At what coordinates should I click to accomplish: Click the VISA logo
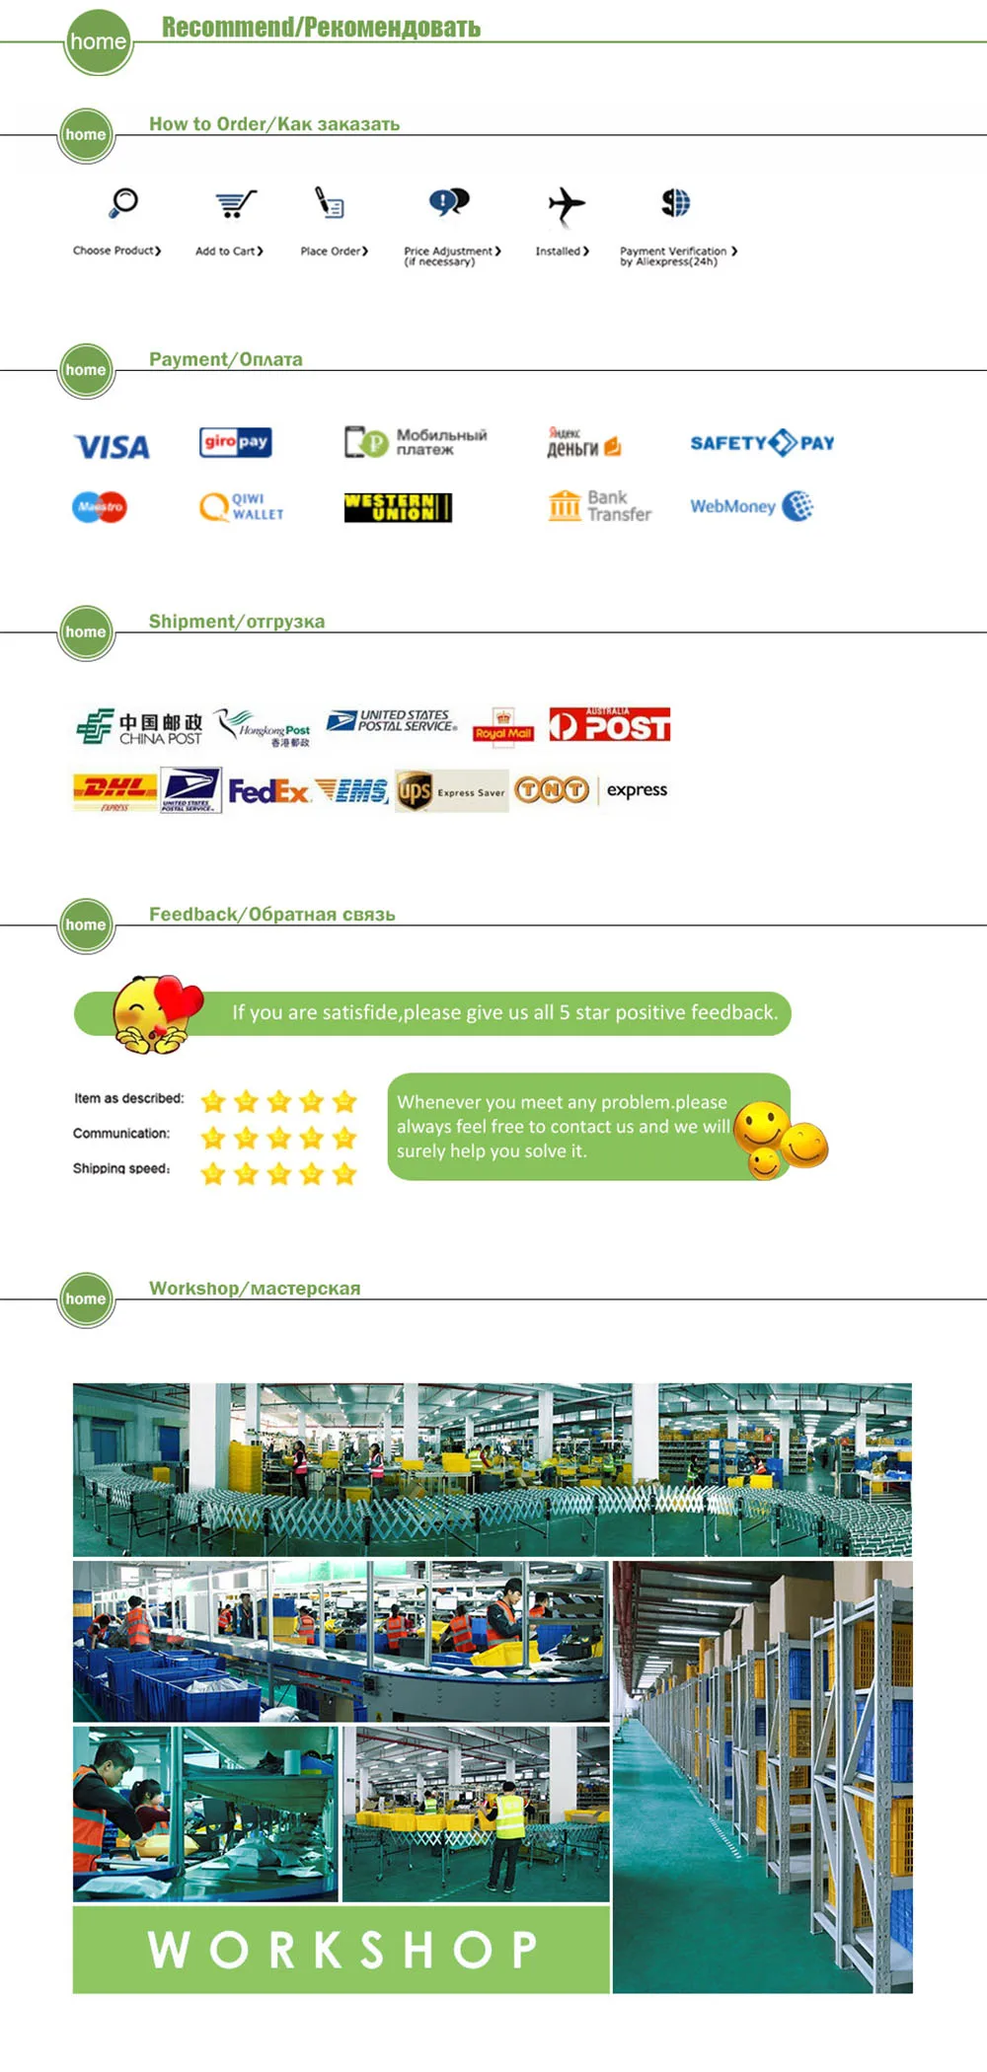113,447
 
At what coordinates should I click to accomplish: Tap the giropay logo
235,442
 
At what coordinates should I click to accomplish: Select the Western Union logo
398,507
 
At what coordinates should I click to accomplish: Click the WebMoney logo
751,506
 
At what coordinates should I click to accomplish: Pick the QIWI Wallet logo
242,507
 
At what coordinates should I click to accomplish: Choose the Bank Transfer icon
599,506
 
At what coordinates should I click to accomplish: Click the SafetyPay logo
762,443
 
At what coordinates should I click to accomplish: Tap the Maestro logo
100,507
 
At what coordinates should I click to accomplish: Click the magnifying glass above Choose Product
123,203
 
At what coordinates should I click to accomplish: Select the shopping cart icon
236,204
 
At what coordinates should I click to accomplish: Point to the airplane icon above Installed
567,205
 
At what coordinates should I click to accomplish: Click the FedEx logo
268,791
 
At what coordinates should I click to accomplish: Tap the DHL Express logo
115,790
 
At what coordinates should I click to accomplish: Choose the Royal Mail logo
503,725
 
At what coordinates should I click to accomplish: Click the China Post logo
139,727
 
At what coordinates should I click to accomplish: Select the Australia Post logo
610,725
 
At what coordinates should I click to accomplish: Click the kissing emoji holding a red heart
155,1012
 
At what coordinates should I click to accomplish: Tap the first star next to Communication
213,1139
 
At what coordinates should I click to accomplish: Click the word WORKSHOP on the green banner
342,1950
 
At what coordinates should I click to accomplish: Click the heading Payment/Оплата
226,359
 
